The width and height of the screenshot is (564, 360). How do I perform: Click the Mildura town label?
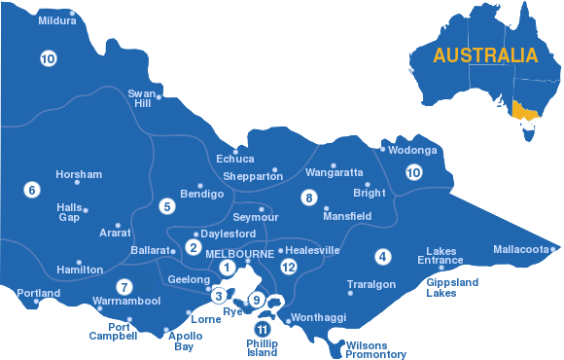[55, 19]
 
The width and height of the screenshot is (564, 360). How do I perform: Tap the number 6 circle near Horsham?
[31, 190]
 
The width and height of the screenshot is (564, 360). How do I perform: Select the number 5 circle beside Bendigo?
[167, 206]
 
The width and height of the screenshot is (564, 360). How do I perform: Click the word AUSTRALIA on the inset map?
[485, 54]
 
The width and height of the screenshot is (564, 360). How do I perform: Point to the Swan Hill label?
[142, 98]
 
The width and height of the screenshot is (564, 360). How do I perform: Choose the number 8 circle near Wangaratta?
[309, 198]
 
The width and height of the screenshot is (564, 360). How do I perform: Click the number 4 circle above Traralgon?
[383, 257]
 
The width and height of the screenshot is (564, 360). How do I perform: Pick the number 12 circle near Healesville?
[288, 266]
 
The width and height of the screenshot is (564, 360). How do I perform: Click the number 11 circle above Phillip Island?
[261, 329]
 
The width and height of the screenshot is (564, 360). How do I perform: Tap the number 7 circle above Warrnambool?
[123, 286]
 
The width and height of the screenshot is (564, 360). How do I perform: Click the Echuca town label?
[235, 159]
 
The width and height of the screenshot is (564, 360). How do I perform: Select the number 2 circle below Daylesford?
[194, 247]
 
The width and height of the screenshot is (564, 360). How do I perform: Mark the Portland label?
[38, 293]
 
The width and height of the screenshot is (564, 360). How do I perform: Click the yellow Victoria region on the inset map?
[525, 114]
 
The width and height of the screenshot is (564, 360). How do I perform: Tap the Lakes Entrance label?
[441, 256]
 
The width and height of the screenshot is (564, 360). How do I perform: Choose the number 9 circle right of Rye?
[257, 301]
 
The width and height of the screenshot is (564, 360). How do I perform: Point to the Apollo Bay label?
[185, 342]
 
